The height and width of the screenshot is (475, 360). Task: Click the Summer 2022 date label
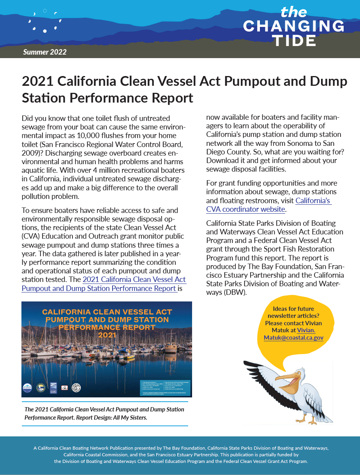point(45,52)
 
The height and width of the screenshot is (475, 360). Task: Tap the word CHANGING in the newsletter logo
point(294,26)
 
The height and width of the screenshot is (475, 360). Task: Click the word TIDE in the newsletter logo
point(294,41)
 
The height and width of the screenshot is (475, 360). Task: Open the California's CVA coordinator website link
point(269,205)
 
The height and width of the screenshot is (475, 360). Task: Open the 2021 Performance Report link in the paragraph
point(134,284)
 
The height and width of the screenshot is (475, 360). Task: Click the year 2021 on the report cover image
point(107,335)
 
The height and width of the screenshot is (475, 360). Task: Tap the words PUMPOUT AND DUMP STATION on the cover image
point(107,320)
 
